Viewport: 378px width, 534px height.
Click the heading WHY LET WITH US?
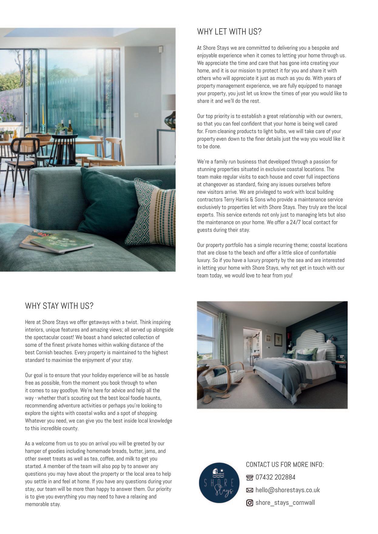(x=229, y=32)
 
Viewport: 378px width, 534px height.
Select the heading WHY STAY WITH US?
(x=59, y=306)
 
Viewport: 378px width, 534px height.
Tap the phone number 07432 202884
(x=275, y=477)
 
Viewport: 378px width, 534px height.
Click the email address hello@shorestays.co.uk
(x=287, y=490)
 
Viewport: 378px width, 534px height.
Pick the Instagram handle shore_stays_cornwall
(x=285, y=503)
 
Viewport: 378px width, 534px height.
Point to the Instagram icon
(x=249, y=503)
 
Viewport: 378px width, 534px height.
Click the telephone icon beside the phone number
(x=249, y=478)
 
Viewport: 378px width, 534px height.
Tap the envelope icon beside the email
(x=249, y=490)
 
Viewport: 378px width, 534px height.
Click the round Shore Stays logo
(x=219, y=483)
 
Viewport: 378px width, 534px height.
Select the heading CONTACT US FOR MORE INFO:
(x=285, y=465)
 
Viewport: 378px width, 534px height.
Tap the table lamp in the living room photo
(x=169, y=112)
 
